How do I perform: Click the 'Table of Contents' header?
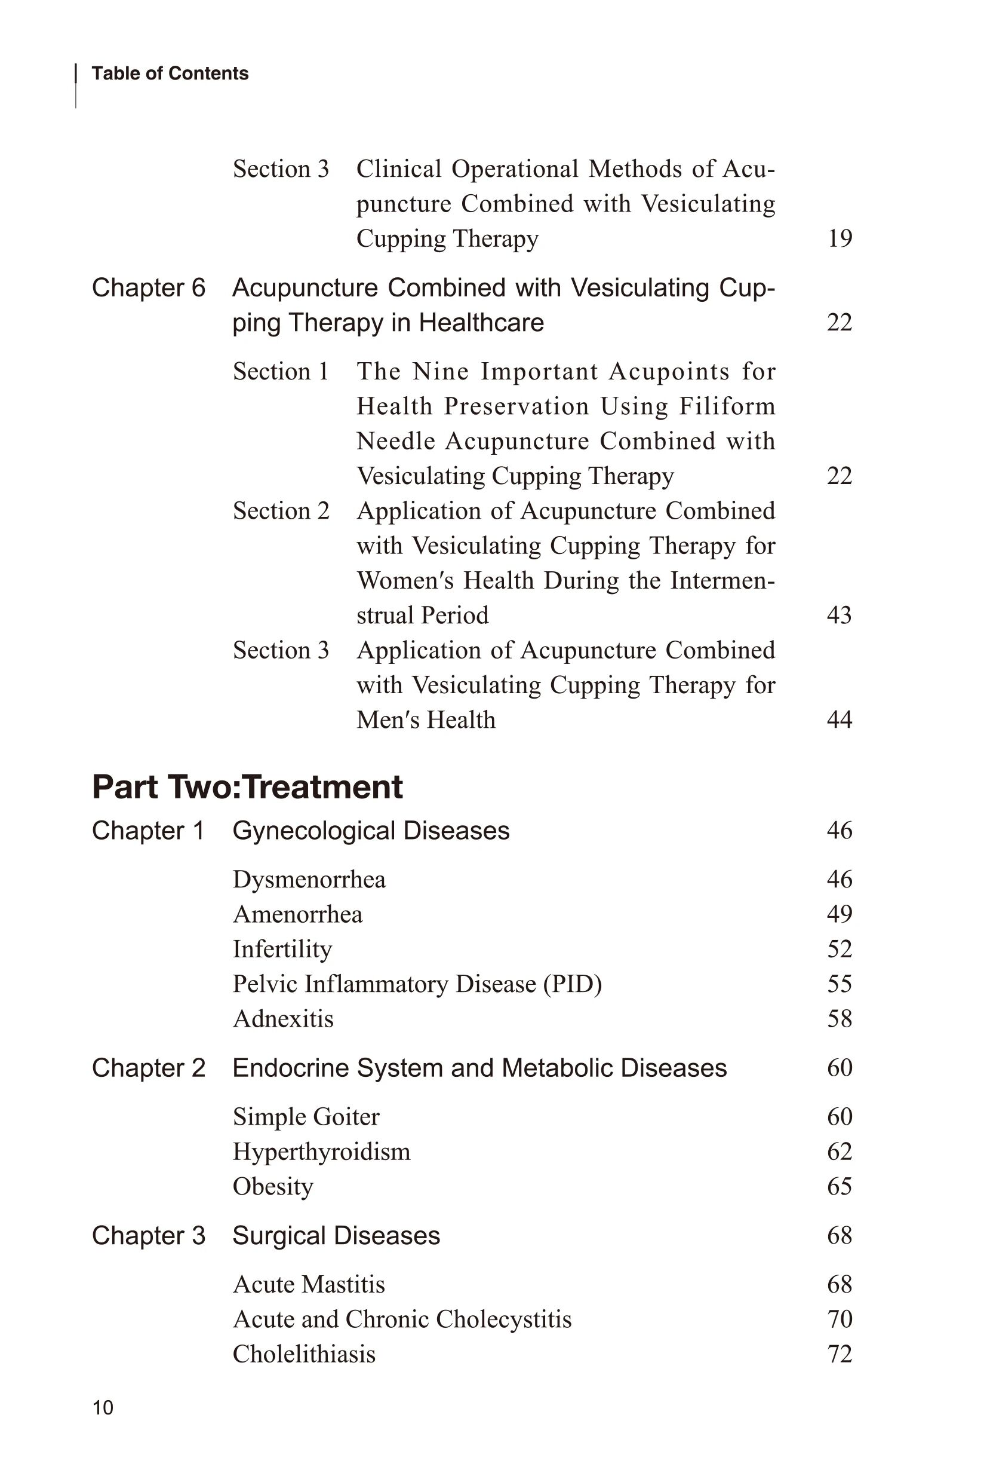pyautogui.click(x=170, y=74)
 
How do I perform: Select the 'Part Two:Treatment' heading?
pyautogui.click(x=247, y=786)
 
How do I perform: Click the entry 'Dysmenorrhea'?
pyautogui.click(x=309, y=879)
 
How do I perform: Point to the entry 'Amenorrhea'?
pyautogui.click(x=298, y=914)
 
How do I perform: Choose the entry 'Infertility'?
pyautogui.click(x=282, y=949)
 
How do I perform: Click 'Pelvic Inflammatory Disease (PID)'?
pyautogui.click(x=417, y=984)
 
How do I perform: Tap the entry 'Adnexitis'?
pyautogui.click(x=283, y=1018)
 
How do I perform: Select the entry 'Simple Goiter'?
pyautogui.click(x=306, y=1117)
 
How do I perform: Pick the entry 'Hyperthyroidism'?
pyautogui.click(x=321, y=1152)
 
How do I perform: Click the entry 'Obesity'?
pyautogui.click(x=272, y=1187)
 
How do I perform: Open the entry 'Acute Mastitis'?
pyautogui.click(x=309, y=1284)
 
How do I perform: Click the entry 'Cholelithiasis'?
pyautogui.click(x=304, y=1354)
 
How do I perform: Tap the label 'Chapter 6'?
pyautogui.click(x=149, y=288)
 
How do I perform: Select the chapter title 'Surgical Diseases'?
pyautogui.click(x=336, y=1236)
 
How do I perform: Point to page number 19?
pyautogui.click(x=840, y=238)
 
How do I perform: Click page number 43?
pyautogui.click(x=839, y=616)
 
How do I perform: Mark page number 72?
pyautogui.click(x=840, y=1354)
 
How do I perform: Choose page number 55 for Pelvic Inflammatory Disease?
pyautogui.click(x=840, y=984)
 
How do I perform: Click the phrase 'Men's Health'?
pyautogui.click(x=426, y=720)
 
